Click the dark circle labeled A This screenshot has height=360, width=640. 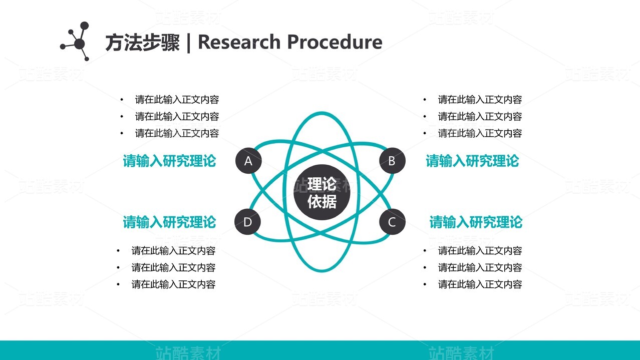[x=248, y=161]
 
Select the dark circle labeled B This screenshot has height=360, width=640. [x=392, y=161]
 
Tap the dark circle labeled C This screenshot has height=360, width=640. [x=392, y=222]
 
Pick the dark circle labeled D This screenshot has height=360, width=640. [x=247, y=222]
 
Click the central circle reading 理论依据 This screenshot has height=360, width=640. [x=322, y=193]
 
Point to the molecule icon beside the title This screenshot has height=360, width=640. [x=77, y=42]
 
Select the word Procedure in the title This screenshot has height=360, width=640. [x=341, y=42]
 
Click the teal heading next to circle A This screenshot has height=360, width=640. [x=169, y=161]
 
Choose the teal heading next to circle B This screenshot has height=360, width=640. [x=472, y=161]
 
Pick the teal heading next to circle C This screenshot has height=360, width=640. [x=475, y=222]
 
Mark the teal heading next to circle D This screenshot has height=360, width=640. [x=169, y=222]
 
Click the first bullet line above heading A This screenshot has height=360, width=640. [x=177, y=100]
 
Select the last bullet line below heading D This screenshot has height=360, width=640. [x=173, y=284]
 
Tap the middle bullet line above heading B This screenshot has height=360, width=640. [x=480, y=117]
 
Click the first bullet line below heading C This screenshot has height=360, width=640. [x=480, y=251]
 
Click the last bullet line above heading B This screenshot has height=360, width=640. [x=480, y=133]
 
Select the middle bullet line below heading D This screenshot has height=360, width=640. [x=173, y=267]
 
